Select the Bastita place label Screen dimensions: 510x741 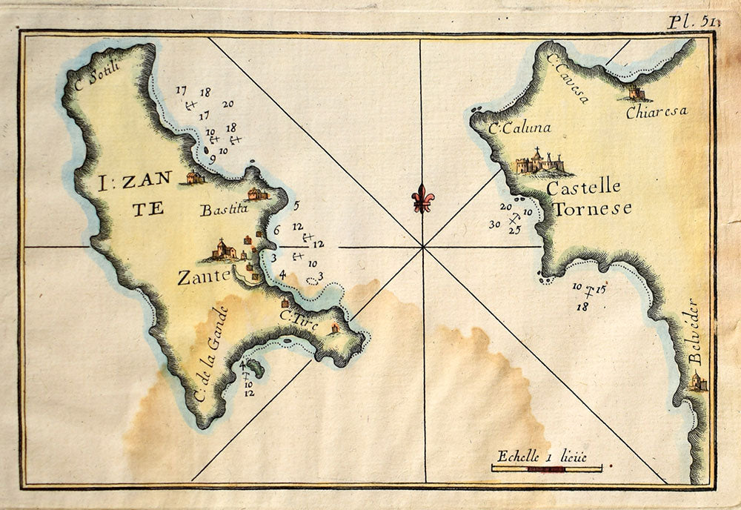pyautogui.click(x=223, y=210)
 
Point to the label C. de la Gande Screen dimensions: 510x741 pyautogui.click(x=210, y=355)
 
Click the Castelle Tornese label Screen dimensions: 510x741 pyautogui.click(x=589, y=198)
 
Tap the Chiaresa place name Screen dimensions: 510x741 pyautogui.click(x=656, y=112)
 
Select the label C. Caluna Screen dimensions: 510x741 pyautogui.click(x=519, y=128)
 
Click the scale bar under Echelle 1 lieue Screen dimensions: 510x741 pyautogui.click(x=547, y=468)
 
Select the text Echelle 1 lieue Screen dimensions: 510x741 pyautogui.click(x=542, y=455)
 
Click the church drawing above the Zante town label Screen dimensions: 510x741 pyautogui.click(x=225, y=250)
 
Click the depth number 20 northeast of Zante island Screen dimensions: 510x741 pyautogui.click(x=227, y=105)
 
